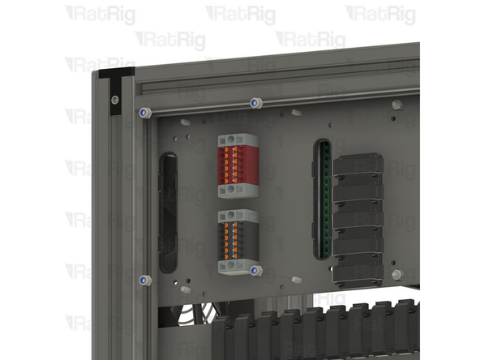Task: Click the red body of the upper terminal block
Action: (x=238, y=165)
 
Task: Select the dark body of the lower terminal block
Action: (x=238, y=241)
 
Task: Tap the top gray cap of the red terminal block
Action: (x=238, y=139)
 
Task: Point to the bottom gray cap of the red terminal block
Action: (x=238, y=191)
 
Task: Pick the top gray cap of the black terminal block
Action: (x=238, y=216)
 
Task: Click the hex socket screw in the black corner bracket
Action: (x=115, y=100)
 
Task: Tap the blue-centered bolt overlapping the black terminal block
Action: (x=256, y=271)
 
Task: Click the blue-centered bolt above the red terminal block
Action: (x=256, y=103)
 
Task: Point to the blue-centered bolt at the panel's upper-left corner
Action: (x=145, y=113)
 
